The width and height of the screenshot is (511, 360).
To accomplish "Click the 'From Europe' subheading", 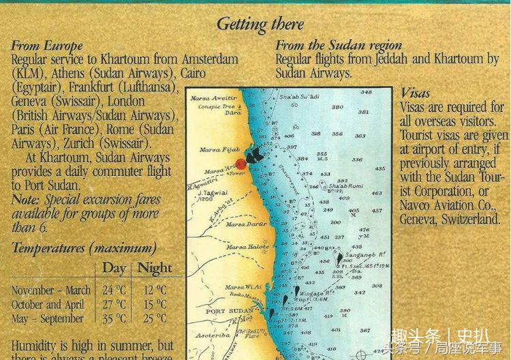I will tap(47, 46).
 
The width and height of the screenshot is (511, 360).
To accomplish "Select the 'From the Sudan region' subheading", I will tap(338, 46).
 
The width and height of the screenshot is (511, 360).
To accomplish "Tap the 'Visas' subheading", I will tap(416, 93).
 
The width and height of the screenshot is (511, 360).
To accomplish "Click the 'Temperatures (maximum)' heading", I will tap(84, 247).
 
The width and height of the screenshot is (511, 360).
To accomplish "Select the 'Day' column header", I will tap(114, 268).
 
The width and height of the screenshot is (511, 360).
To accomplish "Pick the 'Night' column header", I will tap(155, 268).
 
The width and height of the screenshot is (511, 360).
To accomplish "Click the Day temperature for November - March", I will tap(114, 290).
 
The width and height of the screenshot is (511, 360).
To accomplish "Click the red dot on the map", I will tap(241, 161).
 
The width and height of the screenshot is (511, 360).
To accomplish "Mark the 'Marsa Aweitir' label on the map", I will tap(217, 98).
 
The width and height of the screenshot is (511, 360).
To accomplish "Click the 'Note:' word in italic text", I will tap(25, 200).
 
